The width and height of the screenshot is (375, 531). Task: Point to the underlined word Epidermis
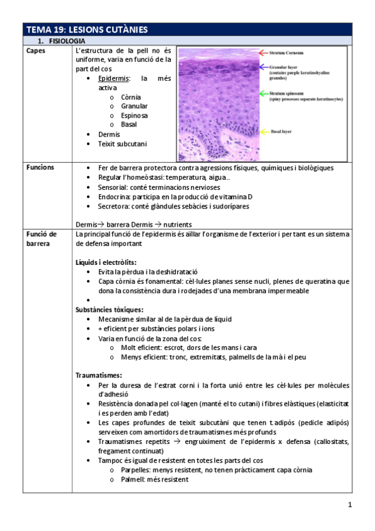[114, 78]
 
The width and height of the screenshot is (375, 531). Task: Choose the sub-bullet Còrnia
[131, 97]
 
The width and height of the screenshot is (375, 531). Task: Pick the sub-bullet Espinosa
[135, 115]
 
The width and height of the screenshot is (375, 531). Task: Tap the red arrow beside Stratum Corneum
[259, 53]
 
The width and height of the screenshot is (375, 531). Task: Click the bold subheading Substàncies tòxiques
[109, 309]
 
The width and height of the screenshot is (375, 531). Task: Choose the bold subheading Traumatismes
[98, 375]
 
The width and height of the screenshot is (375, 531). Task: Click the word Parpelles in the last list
[136, 470]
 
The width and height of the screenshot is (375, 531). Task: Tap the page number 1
[350, 505]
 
